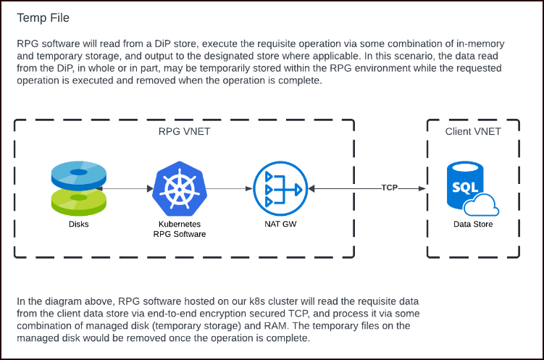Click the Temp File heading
pyautogui.click(x=43, y=17)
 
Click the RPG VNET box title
pyautogui.click(x=184, y=132)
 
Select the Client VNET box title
pyautogui.click(x=472, y=132)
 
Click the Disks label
pyautogui.click(x=79, y=225)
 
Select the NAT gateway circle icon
pyautogui.click(x=280, y=188)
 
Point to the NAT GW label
pyautogui.click(x=280, y=225)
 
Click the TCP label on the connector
pyautogui.click(x=390, y=188)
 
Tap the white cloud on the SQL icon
pyautogui.click(x=482, y=207)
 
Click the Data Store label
pyautogui.click(x=473, y=225)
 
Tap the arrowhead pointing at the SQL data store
pyautogui.click(x=422, y=188)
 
